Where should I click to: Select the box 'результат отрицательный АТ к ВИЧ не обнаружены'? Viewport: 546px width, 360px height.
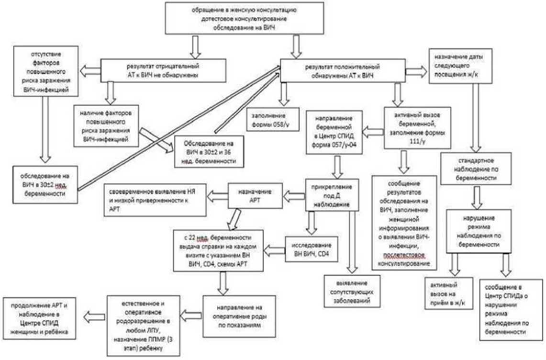164,70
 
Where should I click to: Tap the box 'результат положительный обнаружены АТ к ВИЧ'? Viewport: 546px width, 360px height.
342,70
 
